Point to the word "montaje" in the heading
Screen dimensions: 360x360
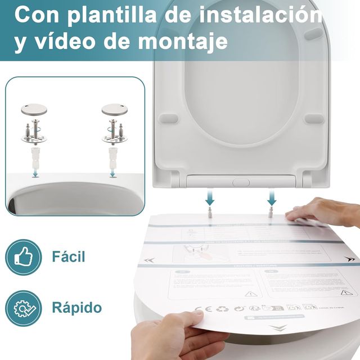180,42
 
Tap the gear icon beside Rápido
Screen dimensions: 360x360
24,308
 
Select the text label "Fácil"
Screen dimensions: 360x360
68,258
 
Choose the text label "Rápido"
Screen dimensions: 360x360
76,308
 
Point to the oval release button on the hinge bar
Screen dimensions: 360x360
241,182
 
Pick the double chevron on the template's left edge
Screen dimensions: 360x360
150,260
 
